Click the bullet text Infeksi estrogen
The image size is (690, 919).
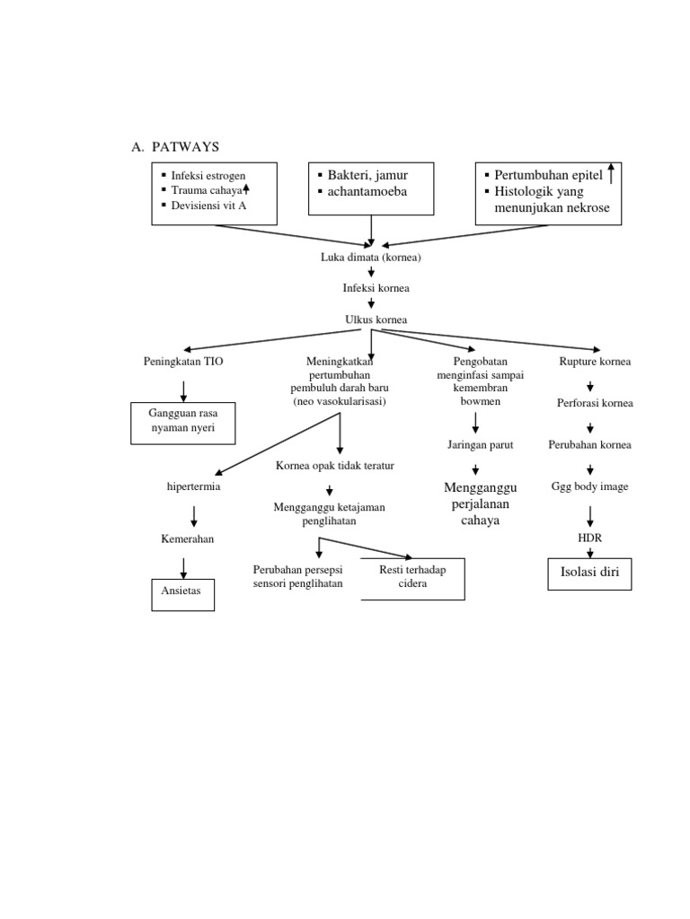[208, 175]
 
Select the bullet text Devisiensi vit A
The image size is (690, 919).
[209, 206]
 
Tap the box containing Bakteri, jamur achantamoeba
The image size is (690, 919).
[371, 188]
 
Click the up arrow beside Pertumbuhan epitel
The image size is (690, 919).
[612, 173]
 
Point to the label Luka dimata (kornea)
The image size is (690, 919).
[371, 258]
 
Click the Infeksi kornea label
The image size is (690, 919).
[371, 288]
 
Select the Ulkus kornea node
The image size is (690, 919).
[371, 319]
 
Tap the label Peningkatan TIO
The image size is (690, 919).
[183, 362]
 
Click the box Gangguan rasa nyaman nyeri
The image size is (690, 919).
[183, 423]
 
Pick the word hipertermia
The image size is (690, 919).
[193, 486]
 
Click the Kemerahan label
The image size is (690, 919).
[187, 539]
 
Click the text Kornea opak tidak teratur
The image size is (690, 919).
[334, 466]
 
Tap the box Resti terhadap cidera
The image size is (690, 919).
[412, 578]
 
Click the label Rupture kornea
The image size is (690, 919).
[595, 362]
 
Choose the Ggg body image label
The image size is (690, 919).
[589, 486]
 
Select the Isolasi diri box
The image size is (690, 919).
[589, 573]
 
